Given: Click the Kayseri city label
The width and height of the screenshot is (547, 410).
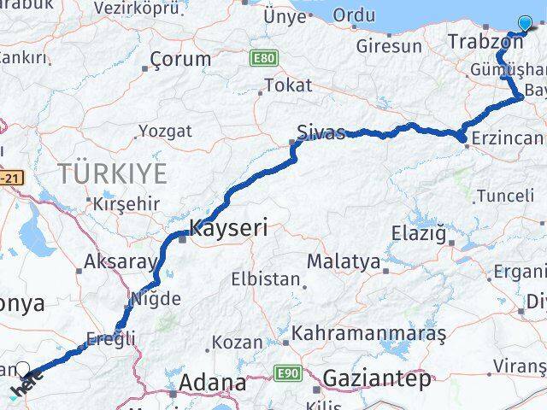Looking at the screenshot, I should pyautogui.click(x=227, y=228).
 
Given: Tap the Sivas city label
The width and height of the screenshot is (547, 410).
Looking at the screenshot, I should pyautogui.click(x=321, y=132).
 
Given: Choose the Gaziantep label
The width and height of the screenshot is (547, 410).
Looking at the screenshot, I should pyautogui.click(x=377, y=379).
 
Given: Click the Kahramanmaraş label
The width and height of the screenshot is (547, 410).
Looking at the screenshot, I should pyautogui.click(x=369, y=333).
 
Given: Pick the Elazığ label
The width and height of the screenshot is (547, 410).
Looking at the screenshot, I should pyautogui.click(x=419, y=232).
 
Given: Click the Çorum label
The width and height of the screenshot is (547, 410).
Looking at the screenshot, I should pyautogui.click(x=179, y=59).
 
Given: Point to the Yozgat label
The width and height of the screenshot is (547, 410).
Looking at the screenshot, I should pyautogui.click(x=165, y=132).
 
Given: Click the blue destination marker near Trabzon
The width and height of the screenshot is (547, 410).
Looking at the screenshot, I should pyautogui.click(x=525, y=24).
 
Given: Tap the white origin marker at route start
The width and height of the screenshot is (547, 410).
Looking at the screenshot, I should pyautogui.click(x=23, y=370).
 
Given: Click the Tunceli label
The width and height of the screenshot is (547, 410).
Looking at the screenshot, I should pyautogui.click(x=504, y=196).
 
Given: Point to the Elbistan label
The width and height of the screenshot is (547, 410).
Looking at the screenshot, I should pyautogui.click(x=267, y=278).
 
